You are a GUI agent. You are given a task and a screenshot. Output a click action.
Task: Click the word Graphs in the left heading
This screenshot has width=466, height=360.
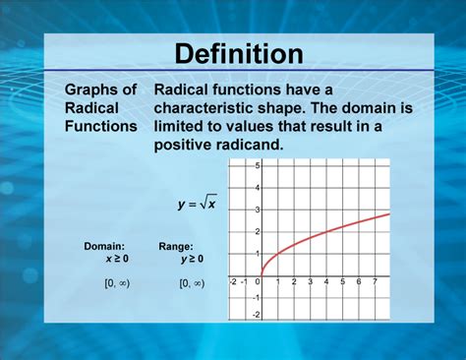point(87,90)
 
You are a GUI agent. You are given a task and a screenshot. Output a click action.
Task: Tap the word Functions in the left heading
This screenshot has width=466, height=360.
point(100,126)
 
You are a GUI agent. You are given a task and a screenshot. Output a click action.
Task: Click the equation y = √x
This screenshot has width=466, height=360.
point(198,205)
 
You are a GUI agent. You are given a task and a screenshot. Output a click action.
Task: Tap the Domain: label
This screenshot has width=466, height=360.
point(104,247)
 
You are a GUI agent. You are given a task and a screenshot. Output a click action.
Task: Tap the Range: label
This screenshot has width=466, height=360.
point(176,247)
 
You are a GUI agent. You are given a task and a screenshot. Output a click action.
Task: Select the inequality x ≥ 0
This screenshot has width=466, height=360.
point(117,260)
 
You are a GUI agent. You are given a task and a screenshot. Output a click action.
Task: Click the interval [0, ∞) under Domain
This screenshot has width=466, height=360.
point(117,284)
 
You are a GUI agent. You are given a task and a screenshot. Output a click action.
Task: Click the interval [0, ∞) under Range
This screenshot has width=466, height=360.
point(191,284)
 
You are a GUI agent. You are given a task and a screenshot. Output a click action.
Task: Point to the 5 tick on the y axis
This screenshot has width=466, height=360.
point(258,166)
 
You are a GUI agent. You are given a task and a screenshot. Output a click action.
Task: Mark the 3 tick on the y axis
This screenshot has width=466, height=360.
point(258,210)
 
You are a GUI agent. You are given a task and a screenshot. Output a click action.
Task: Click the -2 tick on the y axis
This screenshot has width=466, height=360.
point(256,315)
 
